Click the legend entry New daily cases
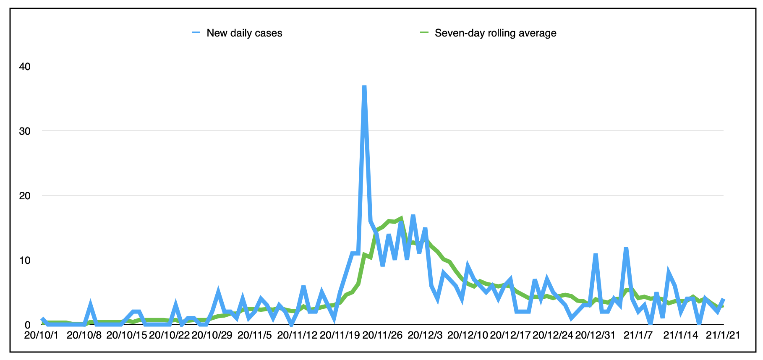(x=244, y=33)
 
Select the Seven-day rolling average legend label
(x=495, y=33)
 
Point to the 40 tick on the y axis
(x=25, y=66)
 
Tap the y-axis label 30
(x=25, y=131)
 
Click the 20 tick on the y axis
(x=25, y=196)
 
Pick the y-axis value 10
(x=25, y=260)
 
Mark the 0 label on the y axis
(x=28, y=325)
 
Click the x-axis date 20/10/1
(x=42, y=335)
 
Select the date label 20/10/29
(x=212, y=335)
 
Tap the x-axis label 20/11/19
(x=340, y=335)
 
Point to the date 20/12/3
(x=425, y=335)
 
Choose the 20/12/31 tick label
(x=595, y=335)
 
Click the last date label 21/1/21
(x=723, y=335)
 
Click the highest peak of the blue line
(x=364, y=86)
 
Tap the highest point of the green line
(x=401, y=218)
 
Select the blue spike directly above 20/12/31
(x=595, y=255)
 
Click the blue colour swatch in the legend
(x=196, y=33)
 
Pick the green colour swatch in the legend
(x=424, y=33)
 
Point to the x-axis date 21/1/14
(x=681, y=335)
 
